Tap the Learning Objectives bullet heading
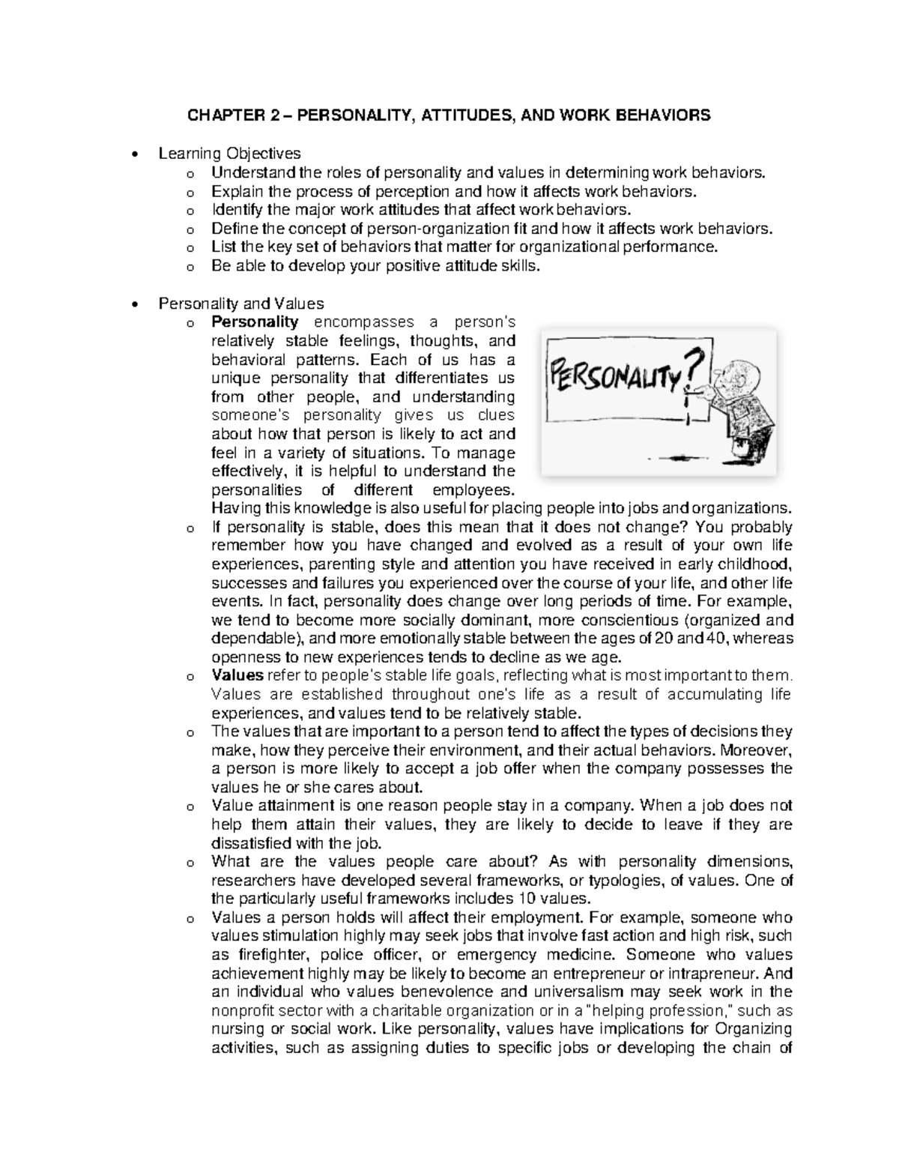coord(229,154)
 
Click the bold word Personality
coord(255,322)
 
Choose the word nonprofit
coord(241,1011)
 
